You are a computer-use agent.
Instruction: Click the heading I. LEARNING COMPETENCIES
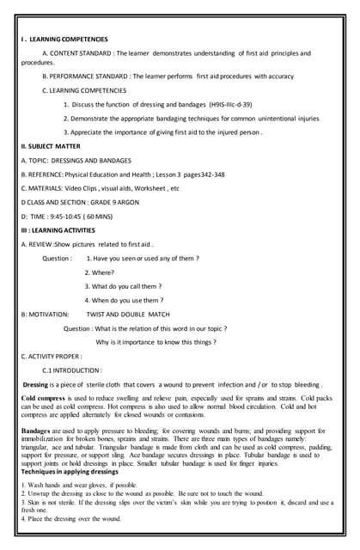tap(64, 40)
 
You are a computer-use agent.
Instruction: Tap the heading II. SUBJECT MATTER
tap(51, 147)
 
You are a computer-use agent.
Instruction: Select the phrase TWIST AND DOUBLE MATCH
tap(128, 315)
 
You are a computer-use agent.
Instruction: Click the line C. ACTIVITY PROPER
tap(52, 356)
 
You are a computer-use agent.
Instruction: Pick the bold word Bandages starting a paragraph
tap(36, 431)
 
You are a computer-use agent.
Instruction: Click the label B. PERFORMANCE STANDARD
tap(86, 76)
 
